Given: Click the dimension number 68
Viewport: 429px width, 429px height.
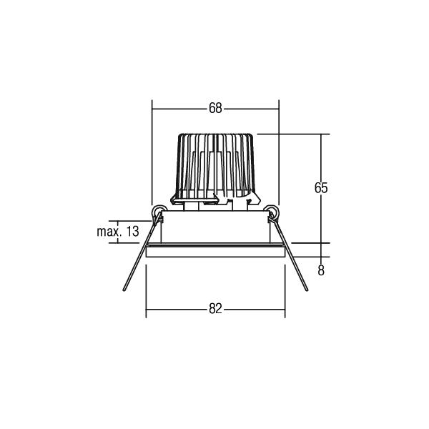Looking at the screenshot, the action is click(x=215, y=108).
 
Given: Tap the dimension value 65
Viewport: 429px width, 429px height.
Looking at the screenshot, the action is click(x=321, y=188).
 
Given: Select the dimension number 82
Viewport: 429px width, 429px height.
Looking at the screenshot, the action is click(x=215, y=309).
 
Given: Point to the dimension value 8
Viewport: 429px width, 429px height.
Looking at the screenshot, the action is click(x=321, y=270).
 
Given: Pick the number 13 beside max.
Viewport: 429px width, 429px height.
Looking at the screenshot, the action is click(x=132, y=232).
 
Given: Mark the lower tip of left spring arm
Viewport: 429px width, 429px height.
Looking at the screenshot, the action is click(x=124, y=290).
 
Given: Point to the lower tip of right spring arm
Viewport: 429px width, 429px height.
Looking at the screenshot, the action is click(x=307, y=290).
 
